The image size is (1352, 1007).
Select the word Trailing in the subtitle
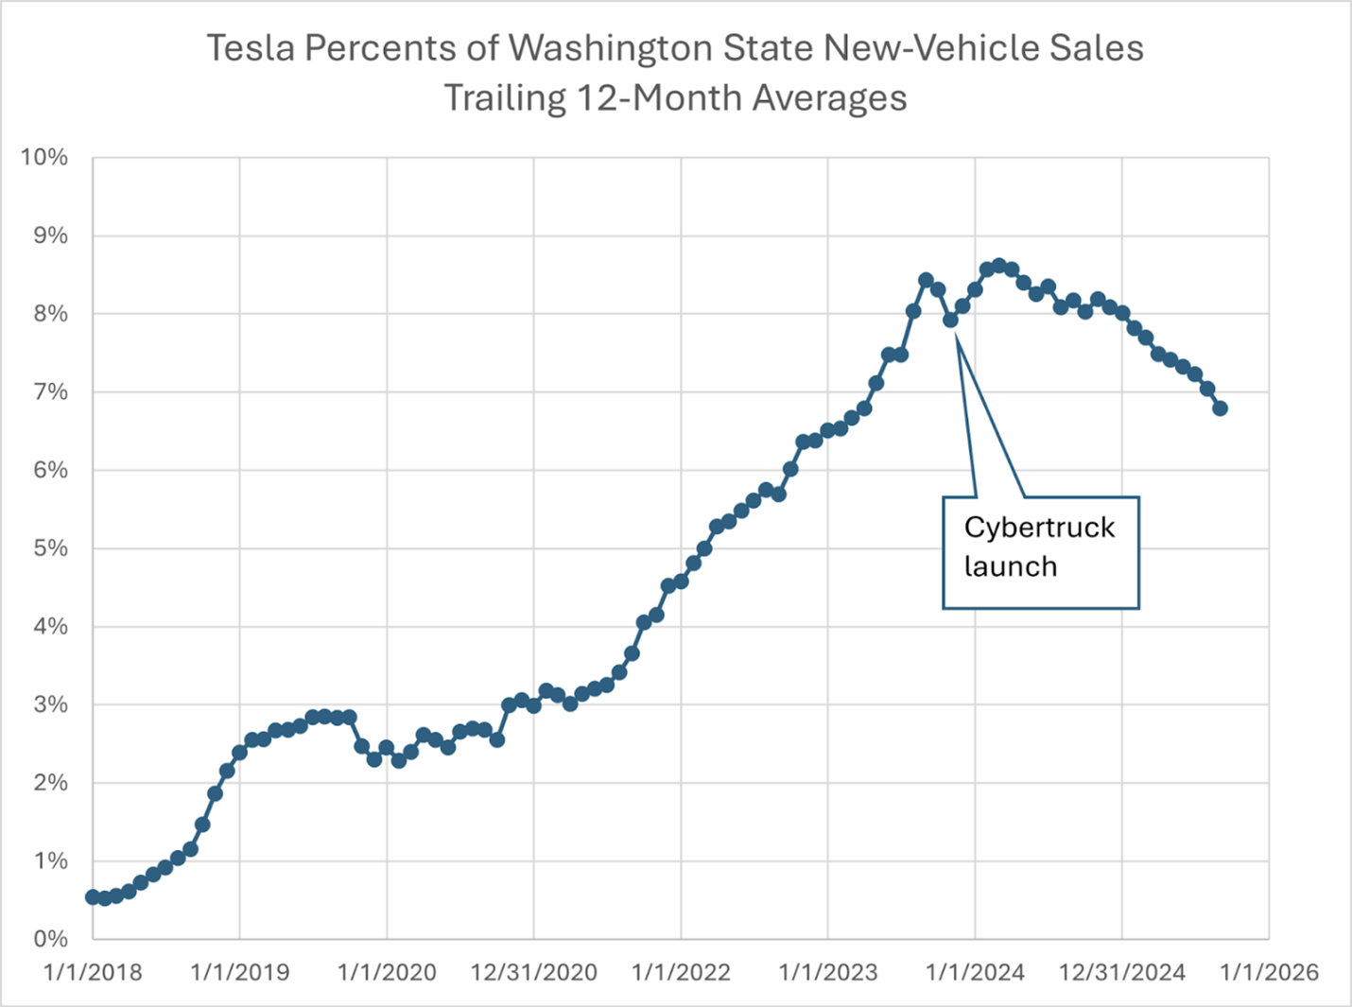point(503,98)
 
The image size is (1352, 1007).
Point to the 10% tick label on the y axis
point(43,157)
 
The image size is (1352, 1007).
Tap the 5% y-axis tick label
point(50,548)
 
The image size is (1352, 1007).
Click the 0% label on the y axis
point(50,939)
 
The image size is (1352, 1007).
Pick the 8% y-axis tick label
point(50,314)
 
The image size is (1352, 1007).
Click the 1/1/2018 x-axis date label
point(93,972)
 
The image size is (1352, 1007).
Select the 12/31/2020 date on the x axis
point(533,972)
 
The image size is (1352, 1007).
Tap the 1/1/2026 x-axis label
point(1269,972)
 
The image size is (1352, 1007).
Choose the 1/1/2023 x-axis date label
point(828,972)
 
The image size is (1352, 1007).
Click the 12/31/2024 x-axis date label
point(1122,972)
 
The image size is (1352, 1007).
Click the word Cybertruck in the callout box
point(1039,528)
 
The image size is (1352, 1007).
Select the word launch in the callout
point(1010,566)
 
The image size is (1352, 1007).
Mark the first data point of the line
point(93,896)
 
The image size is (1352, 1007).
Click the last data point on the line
point(1220,408)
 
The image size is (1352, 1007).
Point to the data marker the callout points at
point(950,320)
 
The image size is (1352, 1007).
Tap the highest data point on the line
point(999,267)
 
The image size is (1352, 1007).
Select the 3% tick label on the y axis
point(50,704)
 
